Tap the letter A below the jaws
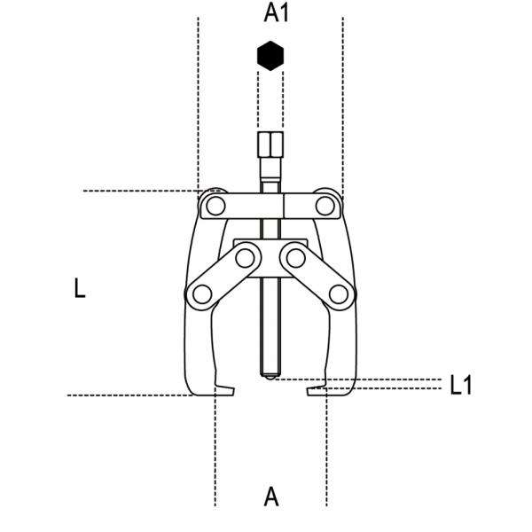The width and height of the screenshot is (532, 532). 271,496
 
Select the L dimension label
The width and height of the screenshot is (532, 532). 80,288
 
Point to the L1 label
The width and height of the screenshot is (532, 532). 460,385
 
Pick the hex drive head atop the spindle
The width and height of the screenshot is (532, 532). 270,144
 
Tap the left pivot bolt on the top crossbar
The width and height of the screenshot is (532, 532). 212,207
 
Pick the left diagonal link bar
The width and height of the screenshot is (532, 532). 223,276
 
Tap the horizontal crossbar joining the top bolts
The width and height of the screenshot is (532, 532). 270,207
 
